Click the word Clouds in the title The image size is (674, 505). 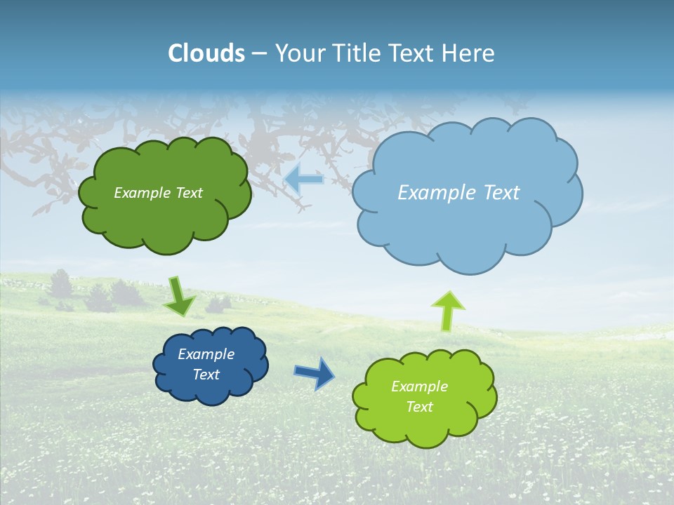tap(206, 53)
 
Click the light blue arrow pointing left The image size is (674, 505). tap(304, 180)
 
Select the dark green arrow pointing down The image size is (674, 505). tap(179, 296)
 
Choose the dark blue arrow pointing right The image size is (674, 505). tap(314, 372)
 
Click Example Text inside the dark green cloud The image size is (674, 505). tap(158, 192)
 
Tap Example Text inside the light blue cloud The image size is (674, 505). tap(458, 192)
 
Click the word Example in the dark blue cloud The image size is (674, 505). tap(206, 354)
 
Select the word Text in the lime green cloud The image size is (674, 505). tap(419, 407)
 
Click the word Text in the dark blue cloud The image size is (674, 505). tap(206, 375)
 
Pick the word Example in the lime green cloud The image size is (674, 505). tap(419, 386)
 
